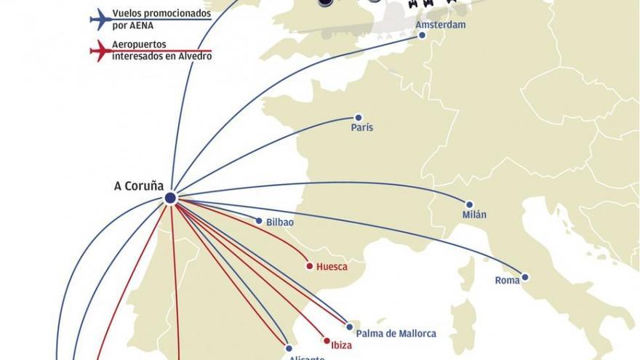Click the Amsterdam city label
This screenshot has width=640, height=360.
coord(440,25)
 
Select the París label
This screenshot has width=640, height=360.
coord(361,127)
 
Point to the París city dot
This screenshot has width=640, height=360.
coord(358,117)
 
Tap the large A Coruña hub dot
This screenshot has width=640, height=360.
coord(170,198)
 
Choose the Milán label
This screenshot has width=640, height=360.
coord(474,215)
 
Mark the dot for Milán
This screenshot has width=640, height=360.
coord(470,204)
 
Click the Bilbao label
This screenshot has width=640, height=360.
coord(280,222)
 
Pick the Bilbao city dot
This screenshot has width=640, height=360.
coord(259,220)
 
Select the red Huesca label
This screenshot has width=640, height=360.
coord(332,267)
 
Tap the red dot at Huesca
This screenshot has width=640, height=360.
coord(309,266)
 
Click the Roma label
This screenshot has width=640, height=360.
coord(507,280)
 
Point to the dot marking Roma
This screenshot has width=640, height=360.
coord(525,277)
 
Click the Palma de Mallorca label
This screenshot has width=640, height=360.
coord(396,334)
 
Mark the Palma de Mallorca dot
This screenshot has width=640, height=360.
coord(350,327)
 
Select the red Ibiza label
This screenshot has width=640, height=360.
coord(342,345)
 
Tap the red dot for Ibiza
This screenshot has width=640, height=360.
coord(326,340)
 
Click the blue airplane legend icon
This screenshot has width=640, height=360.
coord(100,18)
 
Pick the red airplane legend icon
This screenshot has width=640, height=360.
coord(100,50)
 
